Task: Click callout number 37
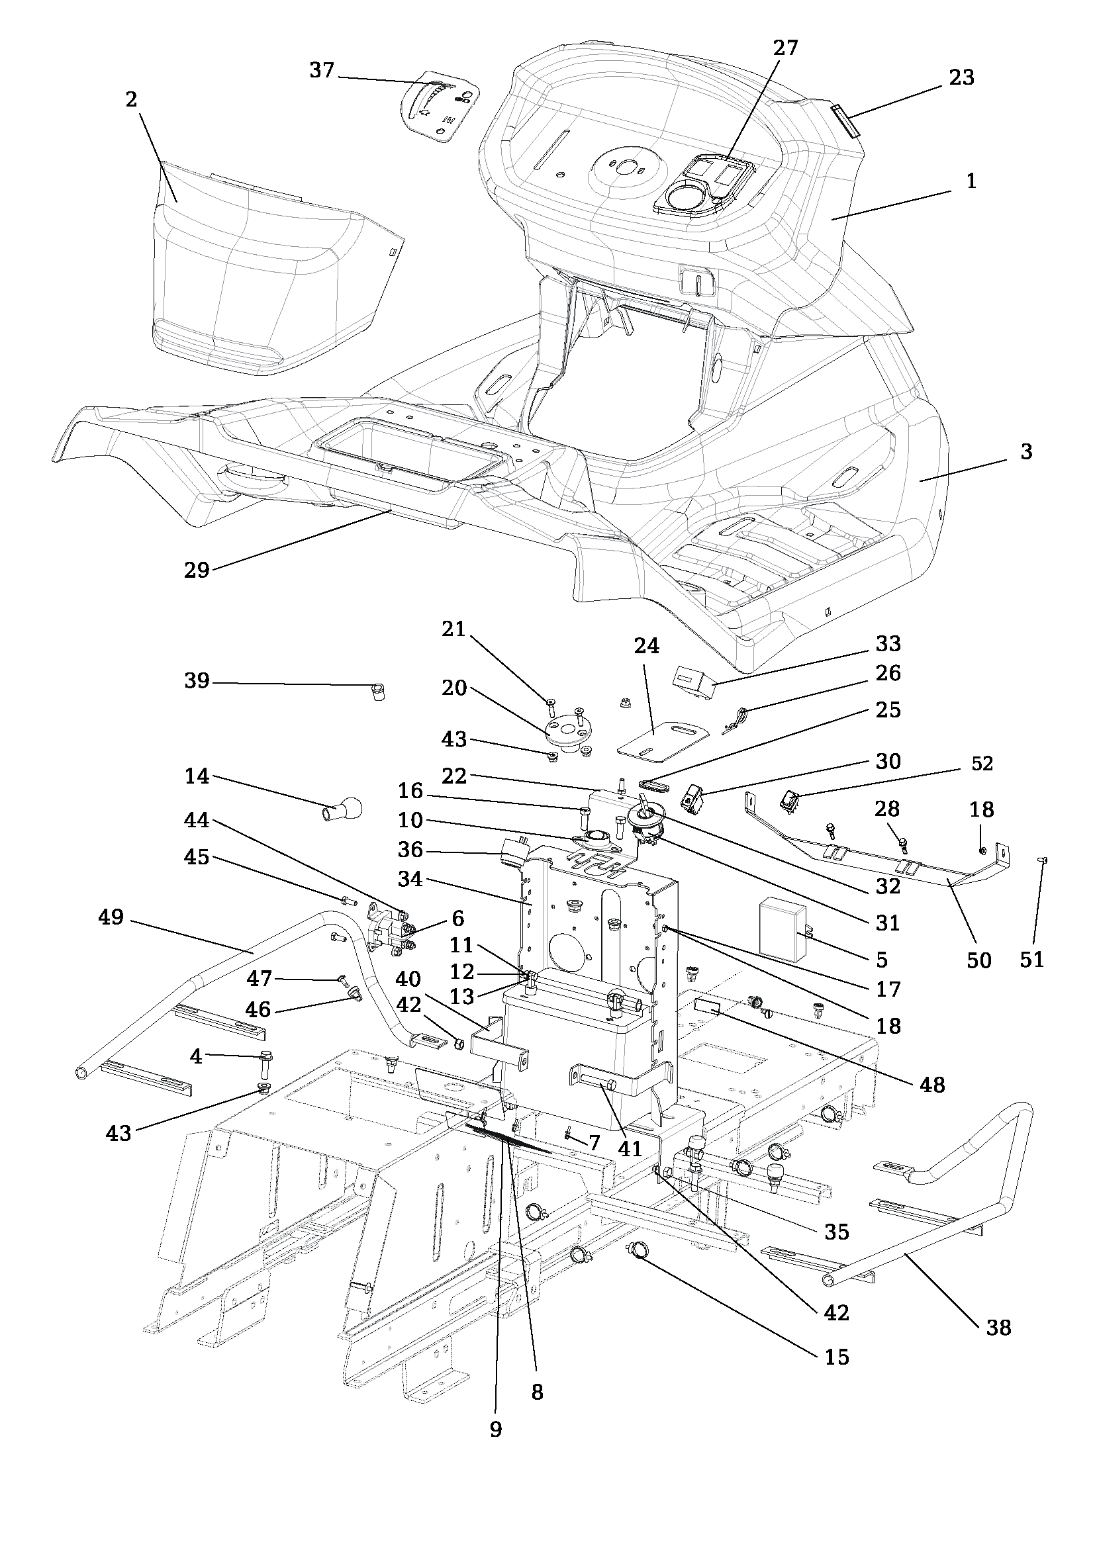coord(322,70)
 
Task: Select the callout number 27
coord(785,48)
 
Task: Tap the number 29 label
coord(197,570)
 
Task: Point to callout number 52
coord(982,764)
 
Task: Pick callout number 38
coord(998,1328)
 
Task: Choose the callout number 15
coord(837,1357)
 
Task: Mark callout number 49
coord(111,917)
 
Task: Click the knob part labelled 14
coord(344,807)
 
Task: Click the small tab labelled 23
coord(844,120)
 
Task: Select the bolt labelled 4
coord(265,1066)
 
